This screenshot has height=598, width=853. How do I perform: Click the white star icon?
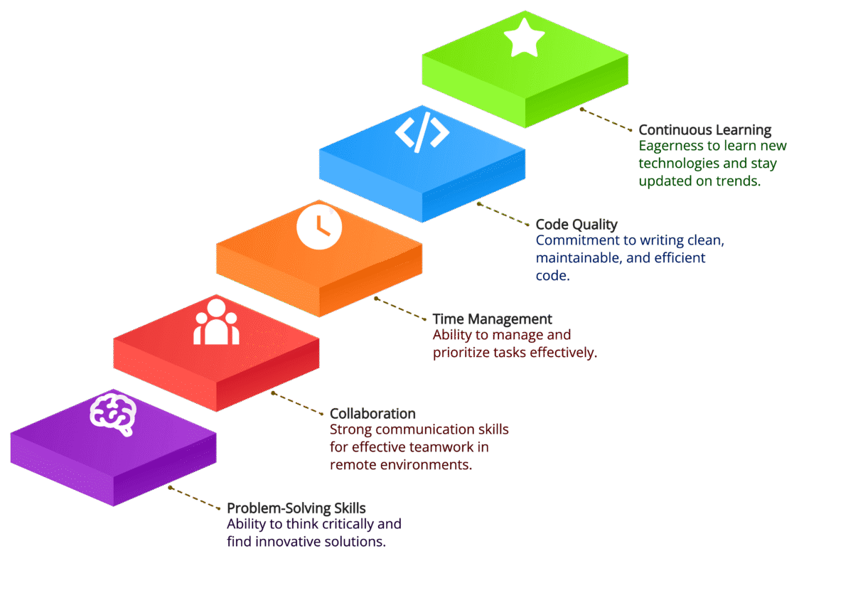525,38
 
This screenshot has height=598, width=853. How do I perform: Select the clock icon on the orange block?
319,228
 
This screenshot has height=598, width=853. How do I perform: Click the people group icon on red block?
216,323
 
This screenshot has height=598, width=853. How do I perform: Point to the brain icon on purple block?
113,414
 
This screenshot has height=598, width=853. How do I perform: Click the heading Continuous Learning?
704,130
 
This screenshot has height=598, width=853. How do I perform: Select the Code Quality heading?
576,225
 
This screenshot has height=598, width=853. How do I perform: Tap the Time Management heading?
492,319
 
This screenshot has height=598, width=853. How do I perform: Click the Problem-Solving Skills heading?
296,508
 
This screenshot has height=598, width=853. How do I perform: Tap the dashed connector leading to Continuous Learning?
606,119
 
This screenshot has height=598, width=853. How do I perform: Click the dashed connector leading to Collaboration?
298,402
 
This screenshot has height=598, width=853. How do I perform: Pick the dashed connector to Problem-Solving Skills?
195,498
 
